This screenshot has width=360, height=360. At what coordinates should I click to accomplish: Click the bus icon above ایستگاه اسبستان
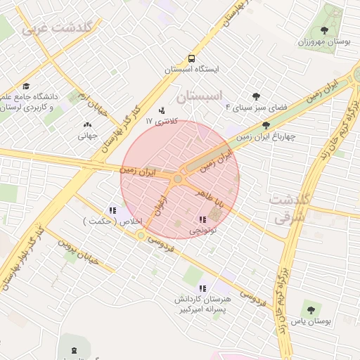pyautogui.click(x=191, y=59)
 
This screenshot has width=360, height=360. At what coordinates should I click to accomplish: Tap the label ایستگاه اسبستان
pyautogui.click(x=192, y=70)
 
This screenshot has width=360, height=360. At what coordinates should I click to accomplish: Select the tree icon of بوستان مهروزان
pyautogui.click(x=324, y=30)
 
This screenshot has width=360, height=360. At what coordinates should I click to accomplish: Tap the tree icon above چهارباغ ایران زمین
pyautogui.click(x=265, y=125)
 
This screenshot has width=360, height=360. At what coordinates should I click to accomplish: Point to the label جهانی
pyautogui.click(x=86, y=136)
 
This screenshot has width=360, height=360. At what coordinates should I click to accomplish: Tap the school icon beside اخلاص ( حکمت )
pyautogui.click(x=112, y=210)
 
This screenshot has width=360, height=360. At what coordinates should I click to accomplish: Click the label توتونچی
pyautogui.click(x=204, y=230)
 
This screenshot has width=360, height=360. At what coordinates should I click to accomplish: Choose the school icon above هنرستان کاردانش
pyautogui.click(x=202, y=288)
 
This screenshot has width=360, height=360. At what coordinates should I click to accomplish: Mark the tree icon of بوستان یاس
pyautogui.click(x=310, y=309)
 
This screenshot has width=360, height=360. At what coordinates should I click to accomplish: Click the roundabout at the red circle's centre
pyautogui.click(x=178, y=180)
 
